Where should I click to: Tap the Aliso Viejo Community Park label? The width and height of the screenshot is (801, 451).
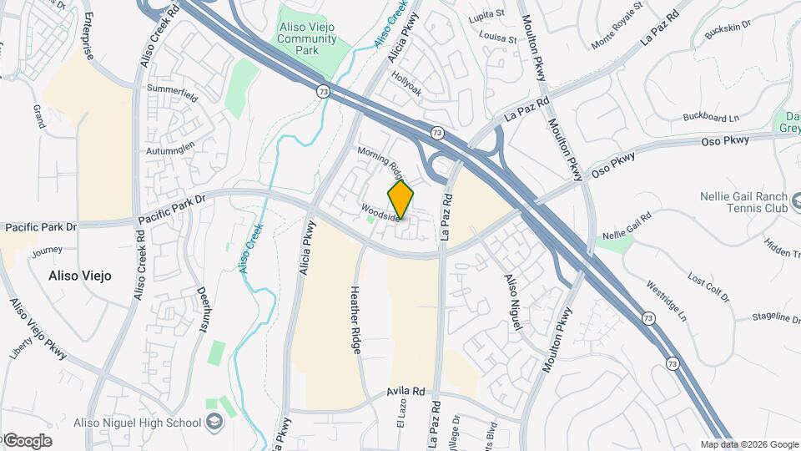point(308,38)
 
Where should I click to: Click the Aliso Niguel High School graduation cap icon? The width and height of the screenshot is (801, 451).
point(215,423)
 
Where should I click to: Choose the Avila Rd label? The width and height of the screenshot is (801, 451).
point(406,391)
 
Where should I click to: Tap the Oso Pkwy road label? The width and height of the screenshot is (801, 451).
point(613,163)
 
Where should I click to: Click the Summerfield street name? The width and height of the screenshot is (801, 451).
point(172,92)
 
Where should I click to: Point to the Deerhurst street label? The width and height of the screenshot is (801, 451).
point(201,311)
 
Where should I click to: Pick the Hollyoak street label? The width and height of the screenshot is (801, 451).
point(407,88)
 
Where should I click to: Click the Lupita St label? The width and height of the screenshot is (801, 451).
point(488,14)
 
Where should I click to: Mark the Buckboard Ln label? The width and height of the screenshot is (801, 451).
point(711,117)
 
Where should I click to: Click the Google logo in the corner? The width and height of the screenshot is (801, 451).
point(27,440)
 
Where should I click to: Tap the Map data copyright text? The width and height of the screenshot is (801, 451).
point(749,444)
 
